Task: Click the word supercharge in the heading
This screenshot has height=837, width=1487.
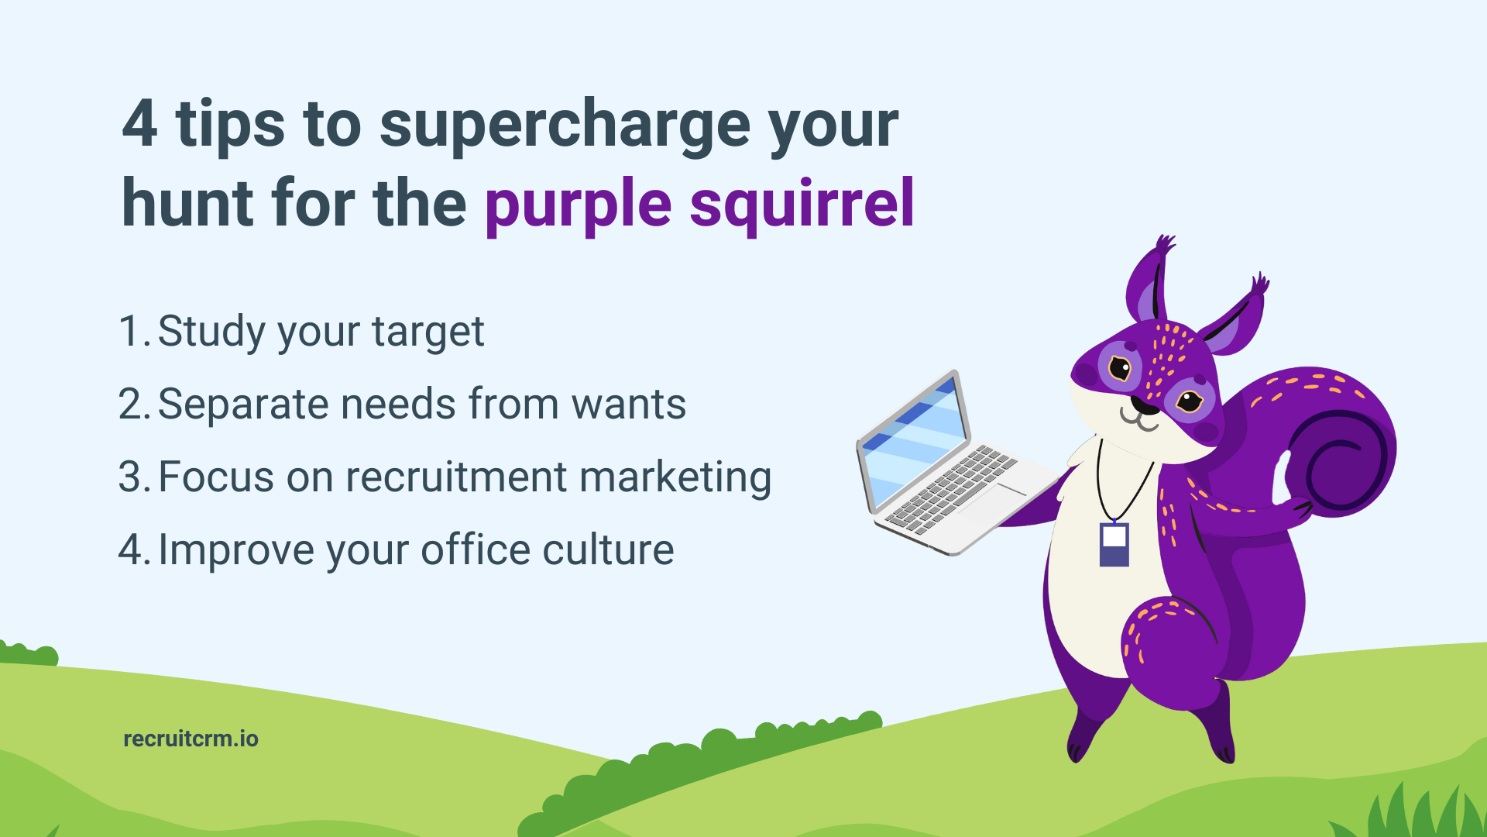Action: tap(565, 126)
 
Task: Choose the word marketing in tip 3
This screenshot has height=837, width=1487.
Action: tap(675, 477)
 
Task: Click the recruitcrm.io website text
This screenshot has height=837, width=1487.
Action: tap(191, 739)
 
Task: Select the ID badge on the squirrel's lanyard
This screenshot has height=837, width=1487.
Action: tap(1114, 544)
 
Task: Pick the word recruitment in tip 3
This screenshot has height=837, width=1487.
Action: tap(456, 477)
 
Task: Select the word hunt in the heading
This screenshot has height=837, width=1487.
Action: tap(188, 205)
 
